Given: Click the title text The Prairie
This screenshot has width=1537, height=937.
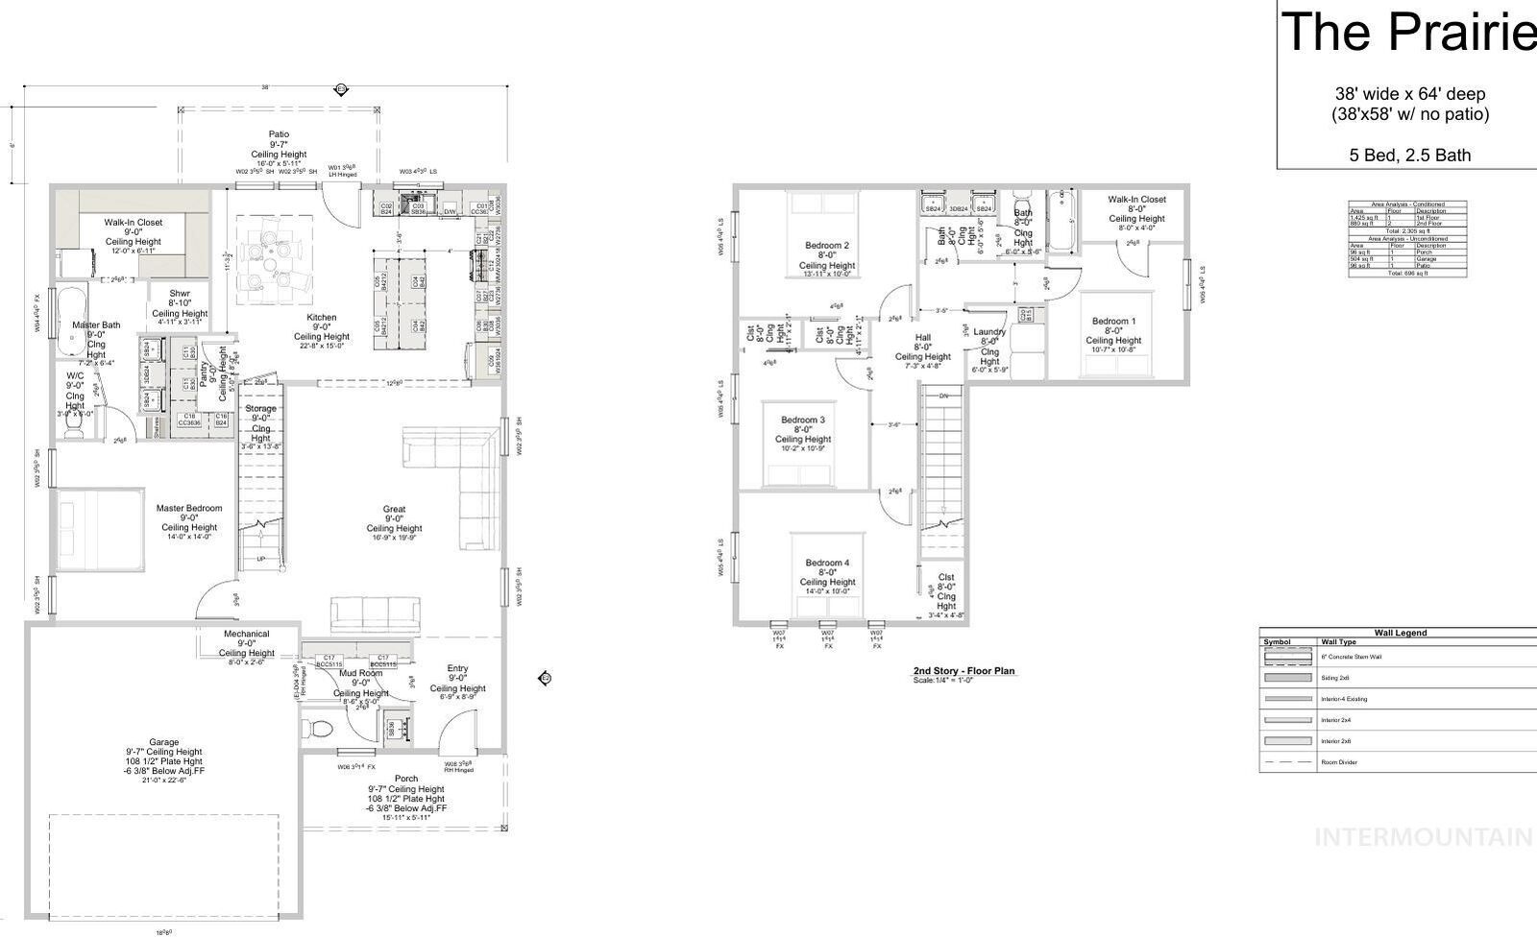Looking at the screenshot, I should pyautogui.click(x=1407, y=32).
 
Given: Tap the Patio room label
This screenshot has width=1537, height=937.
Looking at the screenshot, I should pyautogui.click(x=279, y=134).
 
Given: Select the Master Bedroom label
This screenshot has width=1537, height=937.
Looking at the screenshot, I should pyautogui.click(x=189, y=508).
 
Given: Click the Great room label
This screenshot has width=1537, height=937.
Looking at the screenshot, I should pyautogui.click(x=394, y=509).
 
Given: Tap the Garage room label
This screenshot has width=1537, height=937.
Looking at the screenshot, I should pyautogui.click(x=163, y=742).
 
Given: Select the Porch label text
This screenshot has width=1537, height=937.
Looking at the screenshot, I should pyautogui.click(x=406, y=779).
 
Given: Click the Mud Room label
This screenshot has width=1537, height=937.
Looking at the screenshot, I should pyautogui.click(x=361, y=673).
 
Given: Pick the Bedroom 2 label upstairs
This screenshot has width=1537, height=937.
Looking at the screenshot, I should pyautogui.click(x=826, y=246).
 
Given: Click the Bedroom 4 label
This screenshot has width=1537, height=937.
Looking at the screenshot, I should pyautogui.click(x=827, y=563).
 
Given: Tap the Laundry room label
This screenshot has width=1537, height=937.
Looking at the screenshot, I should pyautogui.click(x=989, y=332).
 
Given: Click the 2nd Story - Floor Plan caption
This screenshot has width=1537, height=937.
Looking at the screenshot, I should pyautogui.click(x=964, y=671).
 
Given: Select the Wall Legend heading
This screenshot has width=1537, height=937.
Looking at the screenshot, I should pyautogui.click(x=1400, y=633).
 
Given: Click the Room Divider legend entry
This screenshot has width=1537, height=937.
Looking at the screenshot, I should pyautogui.click(x=1338, y=762).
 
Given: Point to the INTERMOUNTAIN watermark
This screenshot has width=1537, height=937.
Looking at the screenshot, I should pyautogui.click(x=1423, y=837).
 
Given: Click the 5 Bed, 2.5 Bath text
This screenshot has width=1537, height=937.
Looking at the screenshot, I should pyautogui.click(x=1409, y=155).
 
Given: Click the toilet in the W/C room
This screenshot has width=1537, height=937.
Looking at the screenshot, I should pyautogui.click(x=74, y=429).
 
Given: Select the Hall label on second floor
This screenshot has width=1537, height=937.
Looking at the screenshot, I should pyautogui.click(x=922, y=338).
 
